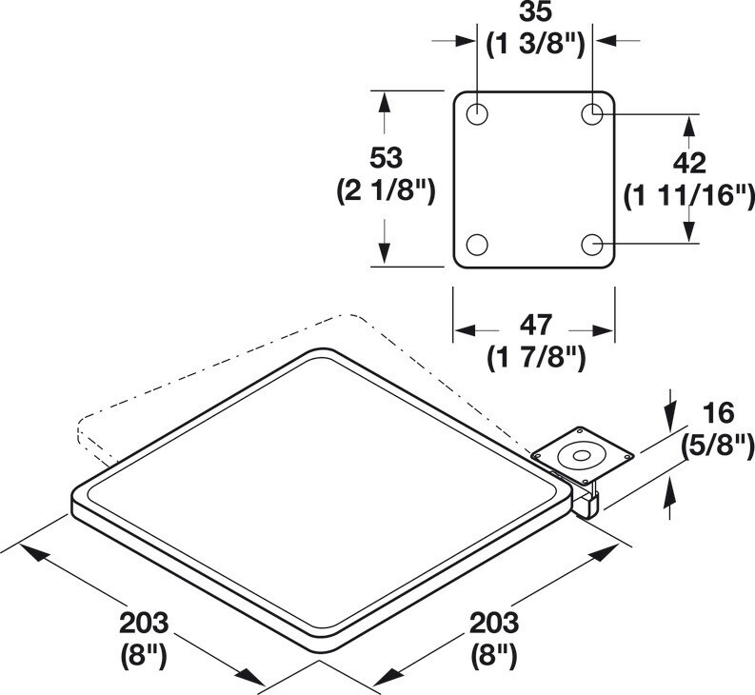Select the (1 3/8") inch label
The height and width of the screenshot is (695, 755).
[x=535, y=46]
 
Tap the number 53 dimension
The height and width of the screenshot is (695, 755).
[x=386, y=158]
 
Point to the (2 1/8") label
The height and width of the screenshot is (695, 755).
[x=386, y=191]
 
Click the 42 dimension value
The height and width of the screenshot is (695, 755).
[x=689, y=163]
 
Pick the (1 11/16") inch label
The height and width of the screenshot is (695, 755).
[x=689, y=197]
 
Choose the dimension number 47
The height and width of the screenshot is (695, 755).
[x=535, y=325]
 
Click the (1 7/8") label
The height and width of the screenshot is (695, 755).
[x=535, y=358]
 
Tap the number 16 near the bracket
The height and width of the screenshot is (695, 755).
[x=719, y=414]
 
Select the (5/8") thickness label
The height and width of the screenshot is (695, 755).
[x=718, y=447]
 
